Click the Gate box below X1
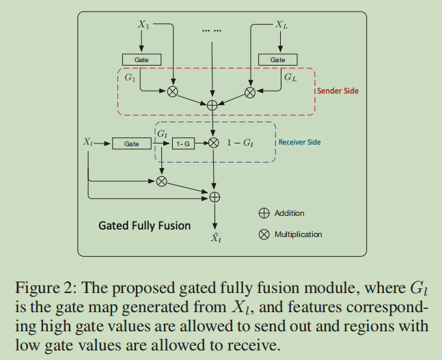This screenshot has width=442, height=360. (141, 59)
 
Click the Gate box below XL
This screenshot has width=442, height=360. (278, 59)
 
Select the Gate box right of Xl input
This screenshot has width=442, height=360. (132, 143)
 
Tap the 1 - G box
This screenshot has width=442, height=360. (182, 143)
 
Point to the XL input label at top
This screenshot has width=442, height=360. (281, 25)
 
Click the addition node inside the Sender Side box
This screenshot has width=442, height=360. (212, 105)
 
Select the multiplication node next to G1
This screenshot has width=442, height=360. (173, 91)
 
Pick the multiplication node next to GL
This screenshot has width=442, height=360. (250, 91)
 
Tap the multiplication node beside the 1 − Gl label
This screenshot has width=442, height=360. (214, 143)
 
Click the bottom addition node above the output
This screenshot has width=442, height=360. (215, 197)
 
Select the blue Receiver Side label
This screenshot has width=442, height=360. (299, 142)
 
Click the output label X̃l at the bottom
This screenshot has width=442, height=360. (215, 238)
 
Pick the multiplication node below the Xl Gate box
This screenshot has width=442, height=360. (162, 181)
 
